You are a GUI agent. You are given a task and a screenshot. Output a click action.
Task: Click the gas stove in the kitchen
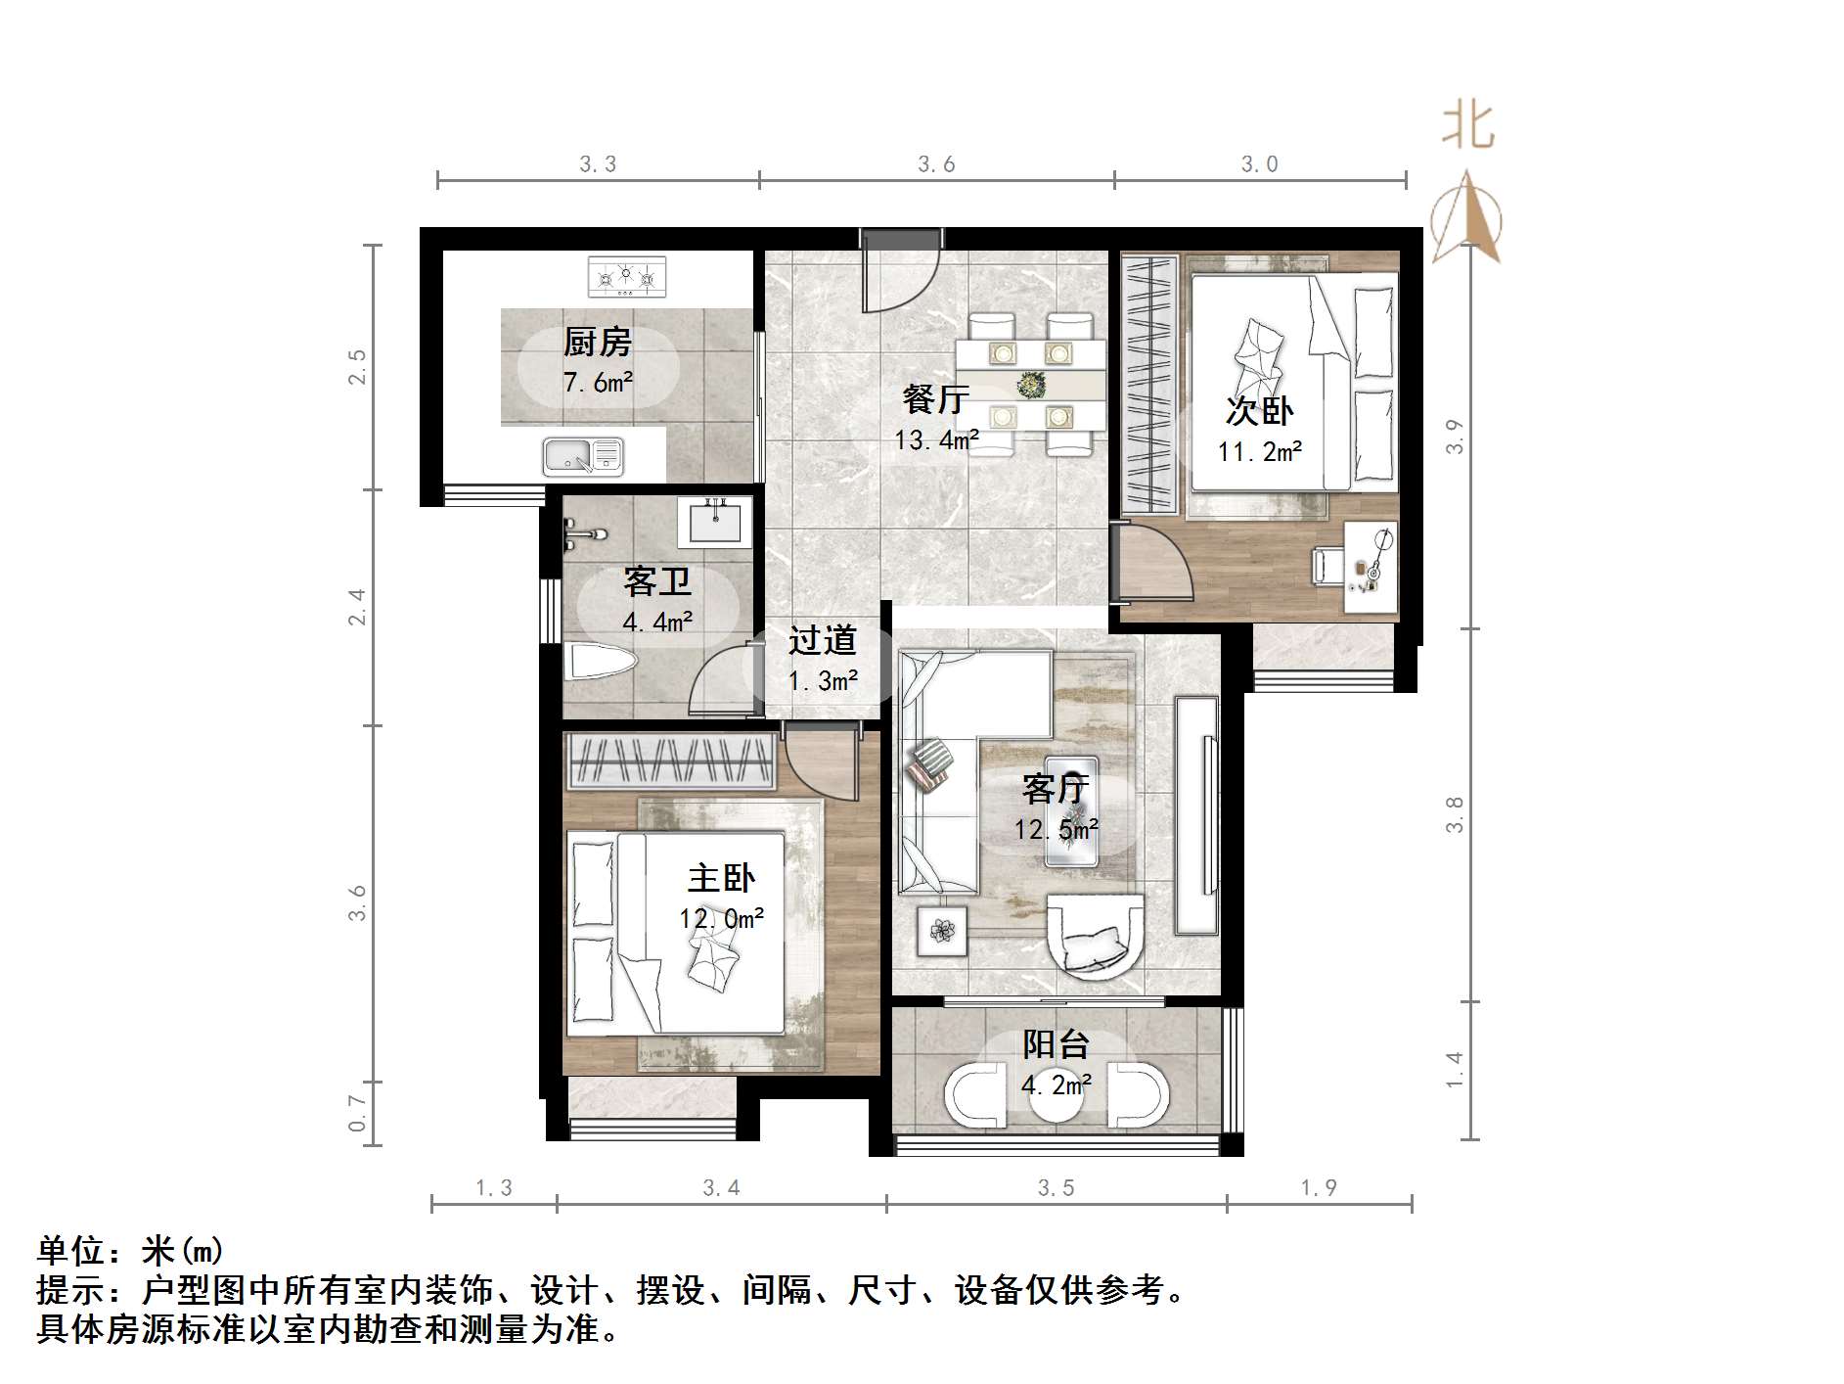pos(626,277)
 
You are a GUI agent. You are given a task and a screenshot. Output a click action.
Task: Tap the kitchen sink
pos(583,457)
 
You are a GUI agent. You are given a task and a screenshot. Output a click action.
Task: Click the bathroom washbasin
pos(715,521)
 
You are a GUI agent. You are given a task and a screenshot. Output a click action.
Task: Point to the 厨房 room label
pos(597,343)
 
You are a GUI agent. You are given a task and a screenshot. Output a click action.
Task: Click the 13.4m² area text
pos(936,440)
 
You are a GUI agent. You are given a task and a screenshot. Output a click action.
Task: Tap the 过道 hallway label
pos(823,640)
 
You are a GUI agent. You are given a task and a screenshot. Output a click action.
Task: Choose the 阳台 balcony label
pos(1056,1044)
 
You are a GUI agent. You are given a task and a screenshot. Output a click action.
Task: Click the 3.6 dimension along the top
pos(936,164)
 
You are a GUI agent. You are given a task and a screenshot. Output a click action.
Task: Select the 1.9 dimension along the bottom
pos(1319,1187)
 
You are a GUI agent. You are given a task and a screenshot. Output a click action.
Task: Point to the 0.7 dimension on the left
pos(357,1113)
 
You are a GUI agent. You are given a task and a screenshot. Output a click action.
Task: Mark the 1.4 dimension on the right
pos(1455,1069)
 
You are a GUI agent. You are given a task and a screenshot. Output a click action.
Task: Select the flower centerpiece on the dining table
pos(1030,385)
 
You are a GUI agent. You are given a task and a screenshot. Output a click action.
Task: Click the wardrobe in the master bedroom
pos(671,761)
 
